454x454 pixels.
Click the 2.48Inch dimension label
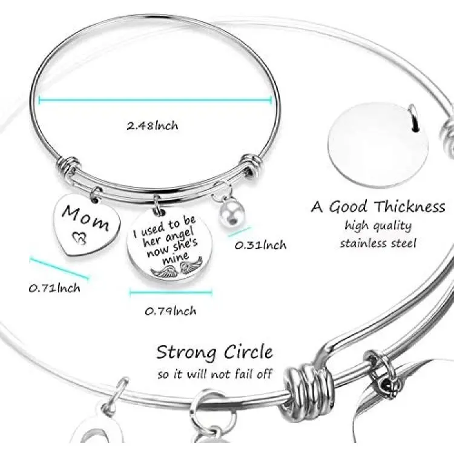pos(153,126)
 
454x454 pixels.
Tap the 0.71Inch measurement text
pos(54,288)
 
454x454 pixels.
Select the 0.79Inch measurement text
pos(171,311)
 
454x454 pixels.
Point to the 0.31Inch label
pos(260,245)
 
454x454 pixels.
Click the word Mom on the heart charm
pos(86,218)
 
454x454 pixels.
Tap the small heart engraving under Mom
pos(79,239)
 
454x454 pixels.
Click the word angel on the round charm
pos(179,236)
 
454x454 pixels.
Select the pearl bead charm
pos(229,215)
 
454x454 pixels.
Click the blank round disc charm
pos(378,145)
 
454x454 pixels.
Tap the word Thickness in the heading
pos(409,207)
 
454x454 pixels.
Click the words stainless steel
pos(378,243)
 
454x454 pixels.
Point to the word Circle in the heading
pos(248,352)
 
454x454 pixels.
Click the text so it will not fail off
pos(214,374)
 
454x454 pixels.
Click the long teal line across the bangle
pos(155,100)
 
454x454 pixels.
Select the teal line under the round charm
pos(171,292)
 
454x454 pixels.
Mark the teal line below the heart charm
pos(59,268)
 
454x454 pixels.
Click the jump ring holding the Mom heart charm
pos(95,194)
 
